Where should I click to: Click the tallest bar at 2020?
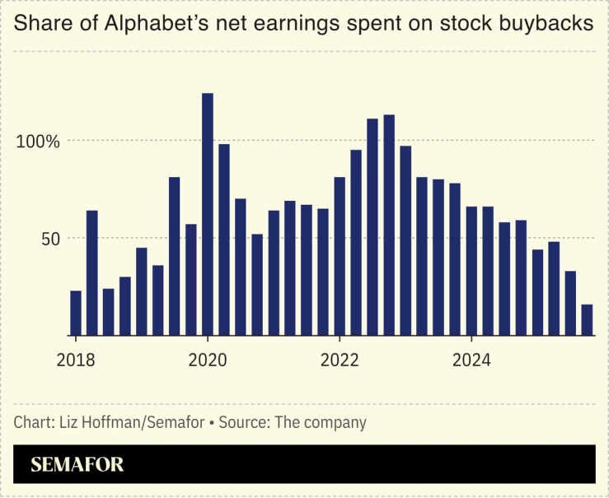point(208,214)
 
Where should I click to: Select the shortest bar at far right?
point(587,320)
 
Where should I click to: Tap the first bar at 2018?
point(76,313)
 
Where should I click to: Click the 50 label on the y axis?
point(50,239)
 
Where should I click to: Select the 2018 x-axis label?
point(76,361)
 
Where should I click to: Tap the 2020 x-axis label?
point(208,361)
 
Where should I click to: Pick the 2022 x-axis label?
point(340,361)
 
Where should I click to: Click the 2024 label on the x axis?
point(471,361)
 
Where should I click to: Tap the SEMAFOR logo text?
point(77,465)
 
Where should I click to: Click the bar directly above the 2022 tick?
point(340,256)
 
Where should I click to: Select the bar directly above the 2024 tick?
point(471,271)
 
